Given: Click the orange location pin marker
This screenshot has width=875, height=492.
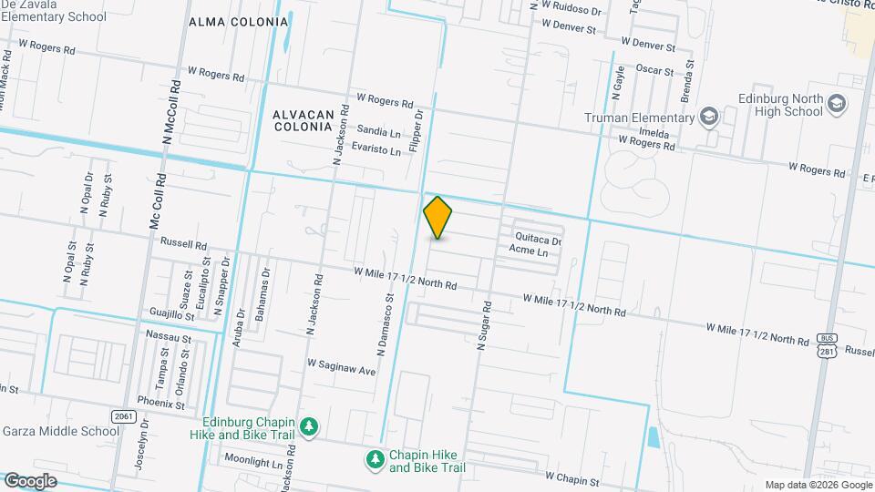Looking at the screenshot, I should coord(438,217).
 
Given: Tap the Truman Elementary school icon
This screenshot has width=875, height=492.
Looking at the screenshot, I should coord(708,118).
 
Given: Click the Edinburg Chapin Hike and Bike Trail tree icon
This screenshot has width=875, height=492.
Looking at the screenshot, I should coord(310,426).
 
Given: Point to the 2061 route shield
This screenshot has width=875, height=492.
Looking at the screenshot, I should coord(126,415).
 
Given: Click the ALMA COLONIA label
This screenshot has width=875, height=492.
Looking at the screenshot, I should coord(238,22).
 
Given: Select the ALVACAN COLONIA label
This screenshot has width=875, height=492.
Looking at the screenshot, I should coord(301,120).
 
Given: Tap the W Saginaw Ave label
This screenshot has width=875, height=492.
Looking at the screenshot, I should coord(341,371).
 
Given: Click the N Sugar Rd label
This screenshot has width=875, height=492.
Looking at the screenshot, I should coord(484,324).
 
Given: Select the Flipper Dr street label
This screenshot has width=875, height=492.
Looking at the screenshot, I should coord(418,130).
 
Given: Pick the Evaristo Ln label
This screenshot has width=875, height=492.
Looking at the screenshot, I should coord(376,149).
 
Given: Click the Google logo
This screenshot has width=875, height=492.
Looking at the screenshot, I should coord(29,480).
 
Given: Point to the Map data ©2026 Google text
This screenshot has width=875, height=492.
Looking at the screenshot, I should coord(816,485).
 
